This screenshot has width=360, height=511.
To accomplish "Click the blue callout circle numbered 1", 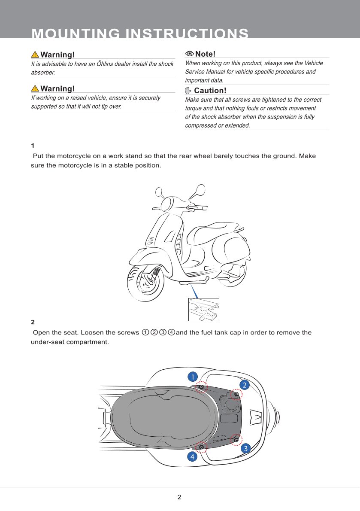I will pyautogui.click(x=193, y=377).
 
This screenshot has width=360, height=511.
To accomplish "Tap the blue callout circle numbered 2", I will pyautogui.click(x=244, y=384).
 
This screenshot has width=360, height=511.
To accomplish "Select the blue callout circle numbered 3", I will pyautogui.click(x=245, y=449).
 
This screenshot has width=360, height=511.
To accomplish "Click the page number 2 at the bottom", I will pyautogui.click(x=179, y=497).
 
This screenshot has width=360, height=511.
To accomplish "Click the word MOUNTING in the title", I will pyautogui.click(x=75, y=34).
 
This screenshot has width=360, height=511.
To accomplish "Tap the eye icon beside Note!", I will pyautogui.click(x=189, y=54).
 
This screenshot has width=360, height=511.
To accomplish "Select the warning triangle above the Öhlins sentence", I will pyautogui.click(x=35, y=55).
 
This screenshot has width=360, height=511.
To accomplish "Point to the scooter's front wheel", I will pyautogui.click(x=146, y=283).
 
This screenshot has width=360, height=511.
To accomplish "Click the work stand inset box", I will pyautogui.click(x=203, y=309).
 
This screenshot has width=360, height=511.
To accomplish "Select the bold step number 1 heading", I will pyautogui.click(x=33, y=146).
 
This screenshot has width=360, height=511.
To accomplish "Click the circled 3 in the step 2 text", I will pyautogui.click(x=163, y=333).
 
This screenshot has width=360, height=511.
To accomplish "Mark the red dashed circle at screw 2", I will pyautogui.click(x=235, y=394).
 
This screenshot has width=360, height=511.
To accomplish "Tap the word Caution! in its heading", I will pyautogui.click(x=210, y=91).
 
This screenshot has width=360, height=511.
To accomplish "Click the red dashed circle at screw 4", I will pyautogui.click(x=201, y=447).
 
